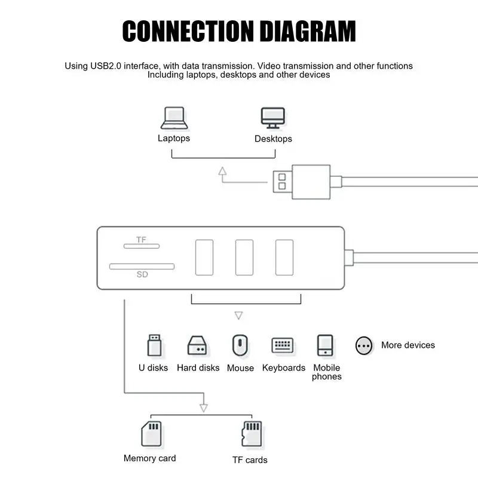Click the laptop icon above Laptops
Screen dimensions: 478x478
[174, 118]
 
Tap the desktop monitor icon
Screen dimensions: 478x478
[273, 118]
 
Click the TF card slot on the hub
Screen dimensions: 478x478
[142, 246]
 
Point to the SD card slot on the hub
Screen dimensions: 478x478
[142, 266]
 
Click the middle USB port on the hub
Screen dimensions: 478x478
[244, 258]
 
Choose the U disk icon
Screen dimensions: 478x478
[154, 345]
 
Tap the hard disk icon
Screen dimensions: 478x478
[198, 345]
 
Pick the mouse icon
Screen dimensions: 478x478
[240, 345]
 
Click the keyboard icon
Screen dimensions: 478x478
[283, 345]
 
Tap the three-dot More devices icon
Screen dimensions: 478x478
[364, 345]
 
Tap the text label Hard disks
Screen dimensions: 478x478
[198, 368]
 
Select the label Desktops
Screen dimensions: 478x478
[273, 139]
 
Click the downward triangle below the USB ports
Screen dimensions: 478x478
[238, 315]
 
